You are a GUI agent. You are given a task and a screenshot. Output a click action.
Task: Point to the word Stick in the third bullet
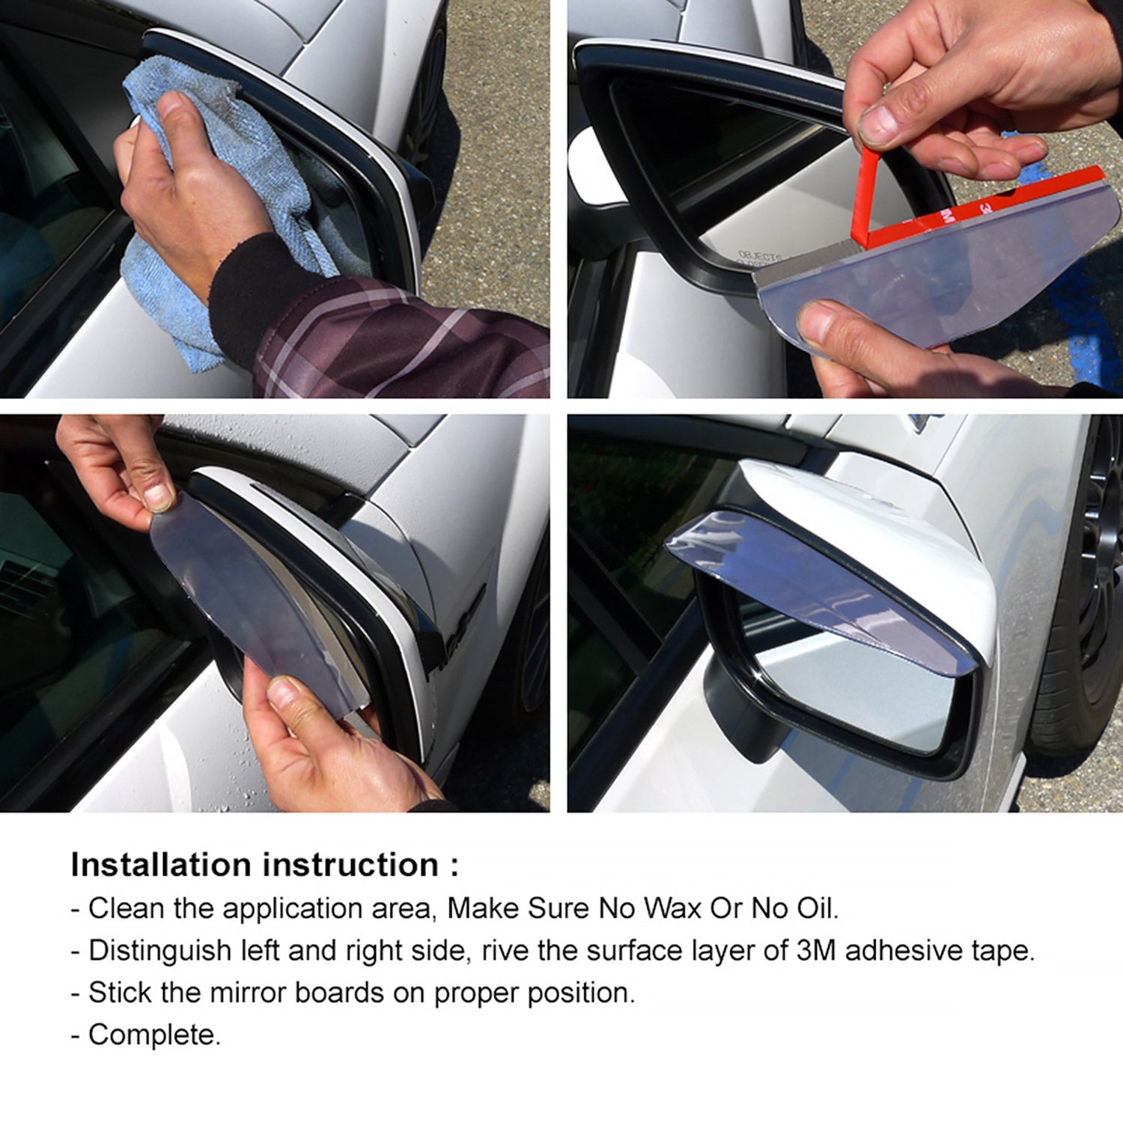(x=120, y=993)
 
